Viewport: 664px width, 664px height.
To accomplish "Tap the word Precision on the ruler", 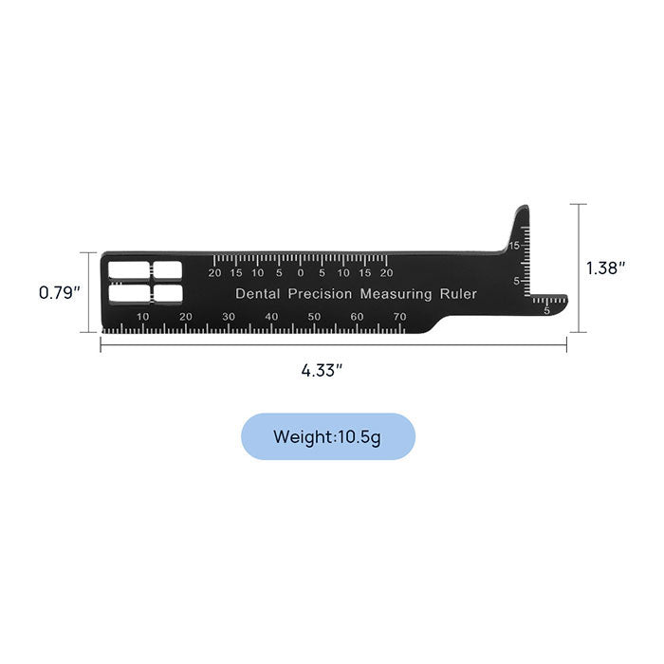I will [x=320, y=294].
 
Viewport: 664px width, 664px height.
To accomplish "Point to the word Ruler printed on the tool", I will [x=458, y=294].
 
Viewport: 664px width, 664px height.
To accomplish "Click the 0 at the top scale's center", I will [x=301, y=273].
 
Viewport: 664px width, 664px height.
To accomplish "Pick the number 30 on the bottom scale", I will [x=229, y=317].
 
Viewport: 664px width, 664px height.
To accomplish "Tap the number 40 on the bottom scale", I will [x=271, y=317].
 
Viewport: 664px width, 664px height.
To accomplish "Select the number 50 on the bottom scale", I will [x=314, y=317].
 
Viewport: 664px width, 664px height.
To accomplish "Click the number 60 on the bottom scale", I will [x=357, y=317].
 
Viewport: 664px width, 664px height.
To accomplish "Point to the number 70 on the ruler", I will [x=399, y=317].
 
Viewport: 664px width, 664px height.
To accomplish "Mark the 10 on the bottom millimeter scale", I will [x=143, y=317].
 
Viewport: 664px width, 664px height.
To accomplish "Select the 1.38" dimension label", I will [x=606, y=268].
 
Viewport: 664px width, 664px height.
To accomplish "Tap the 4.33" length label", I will [x=322, y=371].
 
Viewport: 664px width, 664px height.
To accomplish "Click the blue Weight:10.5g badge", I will [x=327, y=436].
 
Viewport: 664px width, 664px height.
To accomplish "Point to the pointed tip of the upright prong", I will [x=521, y=208].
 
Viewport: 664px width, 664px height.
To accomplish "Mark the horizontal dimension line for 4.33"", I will [x=334, y=345].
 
